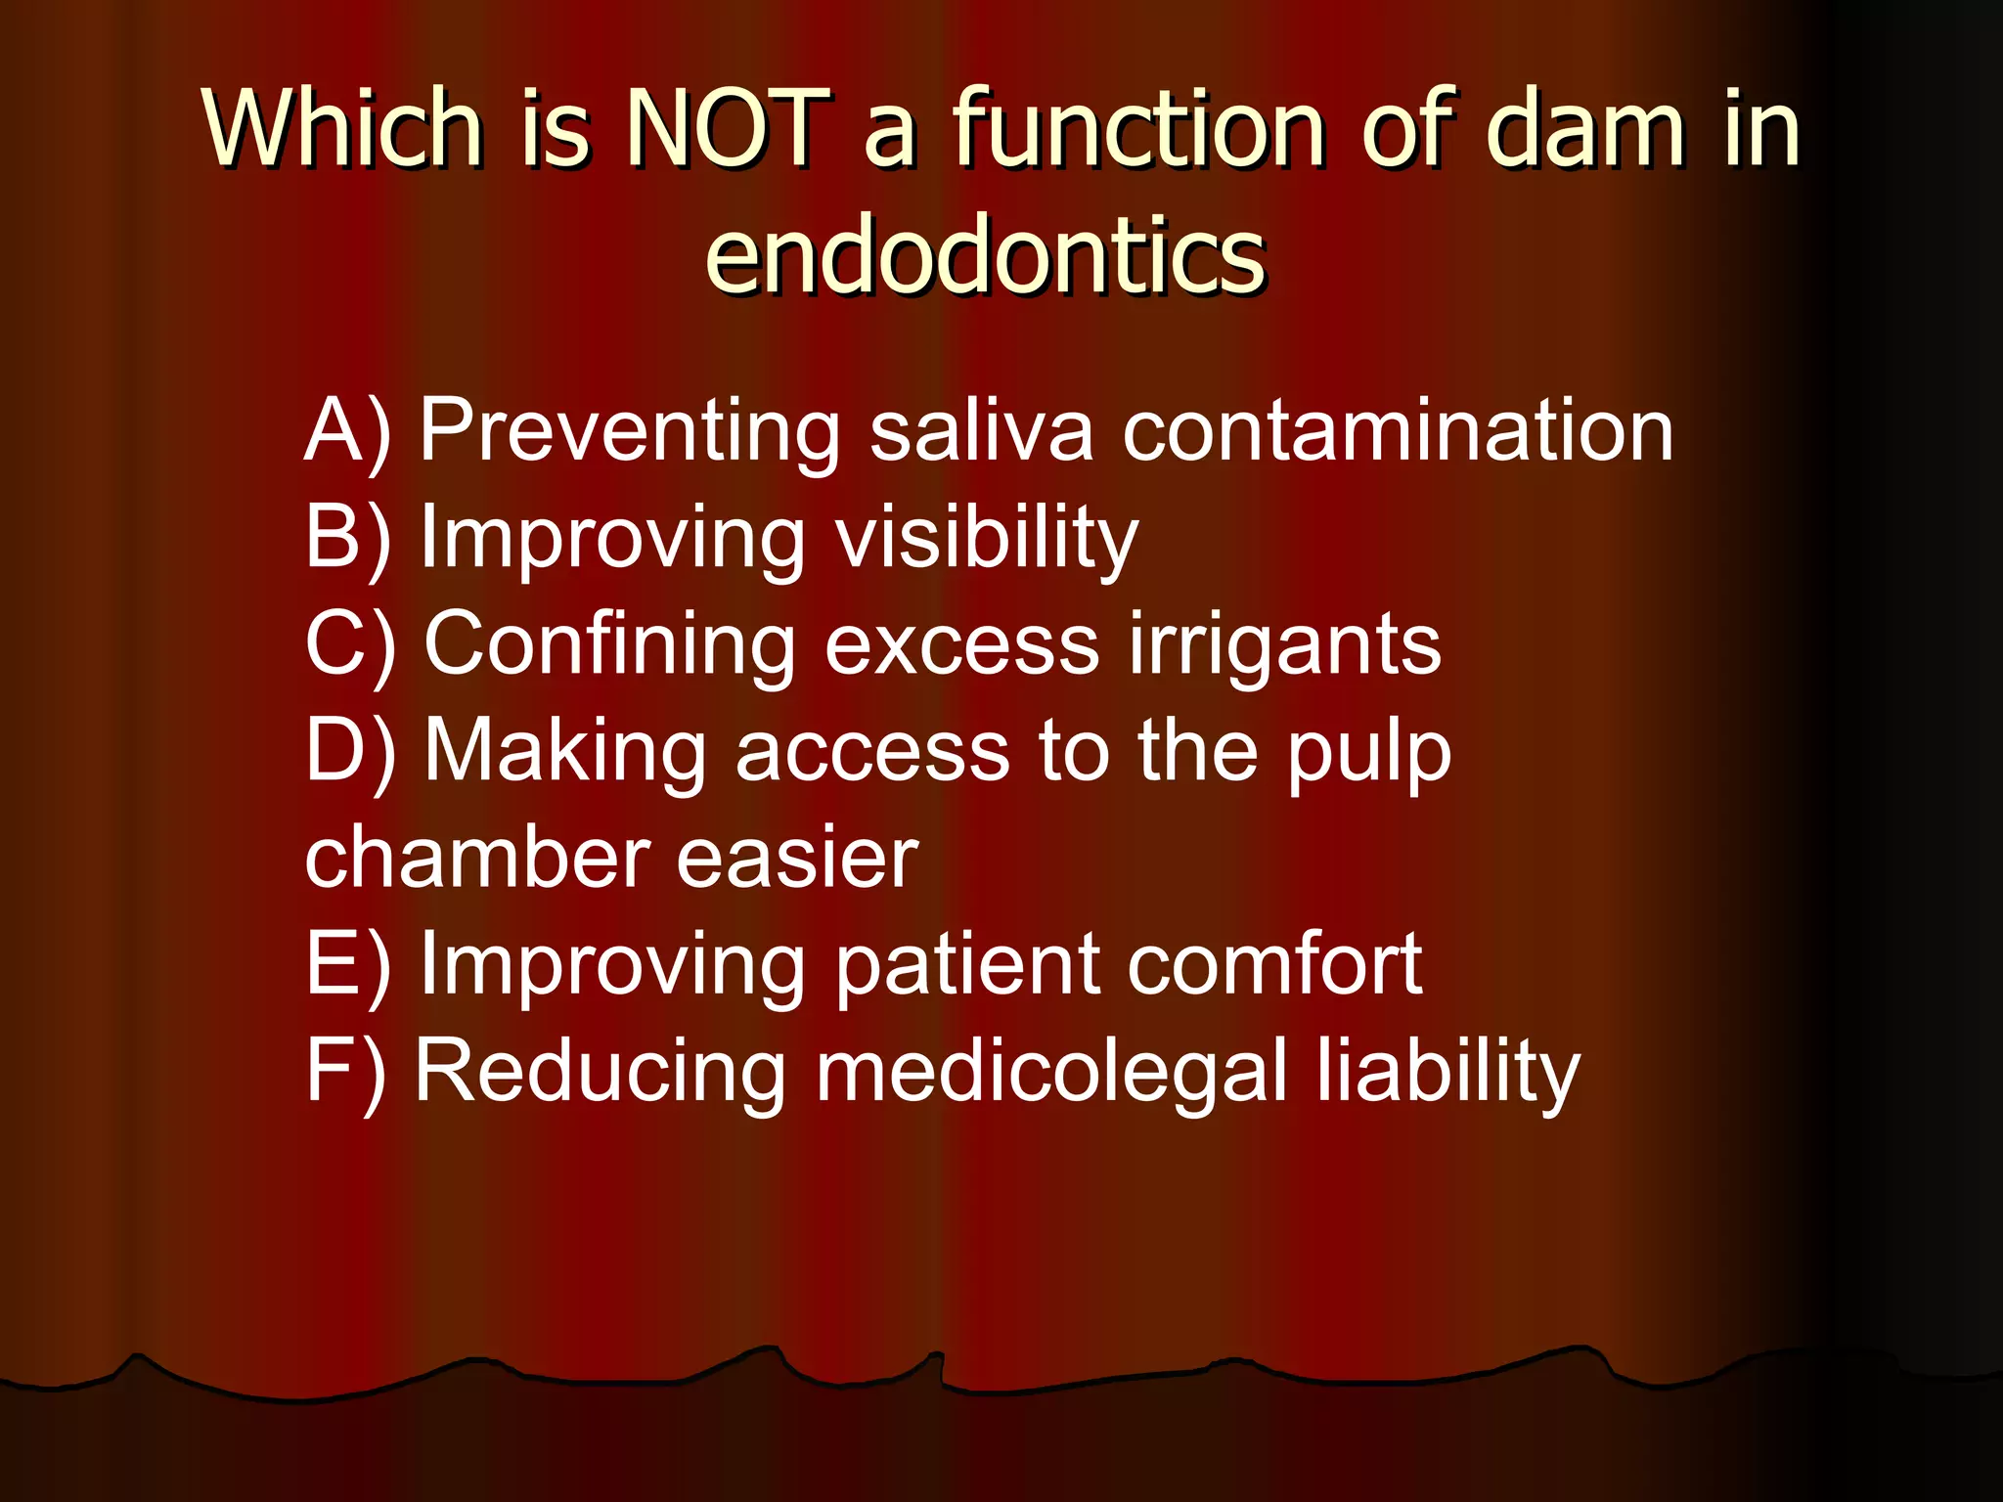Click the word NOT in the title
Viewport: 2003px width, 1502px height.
729,128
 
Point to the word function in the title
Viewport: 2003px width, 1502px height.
1139,128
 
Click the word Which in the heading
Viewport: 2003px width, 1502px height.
343,128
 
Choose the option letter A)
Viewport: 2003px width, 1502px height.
347,431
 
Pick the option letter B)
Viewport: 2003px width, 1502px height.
347,538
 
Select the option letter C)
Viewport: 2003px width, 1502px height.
349,644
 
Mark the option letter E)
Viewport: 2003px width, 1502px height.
347,964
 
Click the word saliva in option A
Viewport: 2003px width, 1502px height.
981,431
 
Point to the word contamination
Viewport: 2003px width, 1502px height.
1398,431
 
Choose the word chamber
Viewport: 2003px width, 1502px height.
475,858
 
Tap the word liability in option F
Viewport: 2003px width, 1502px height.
1447,1073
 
